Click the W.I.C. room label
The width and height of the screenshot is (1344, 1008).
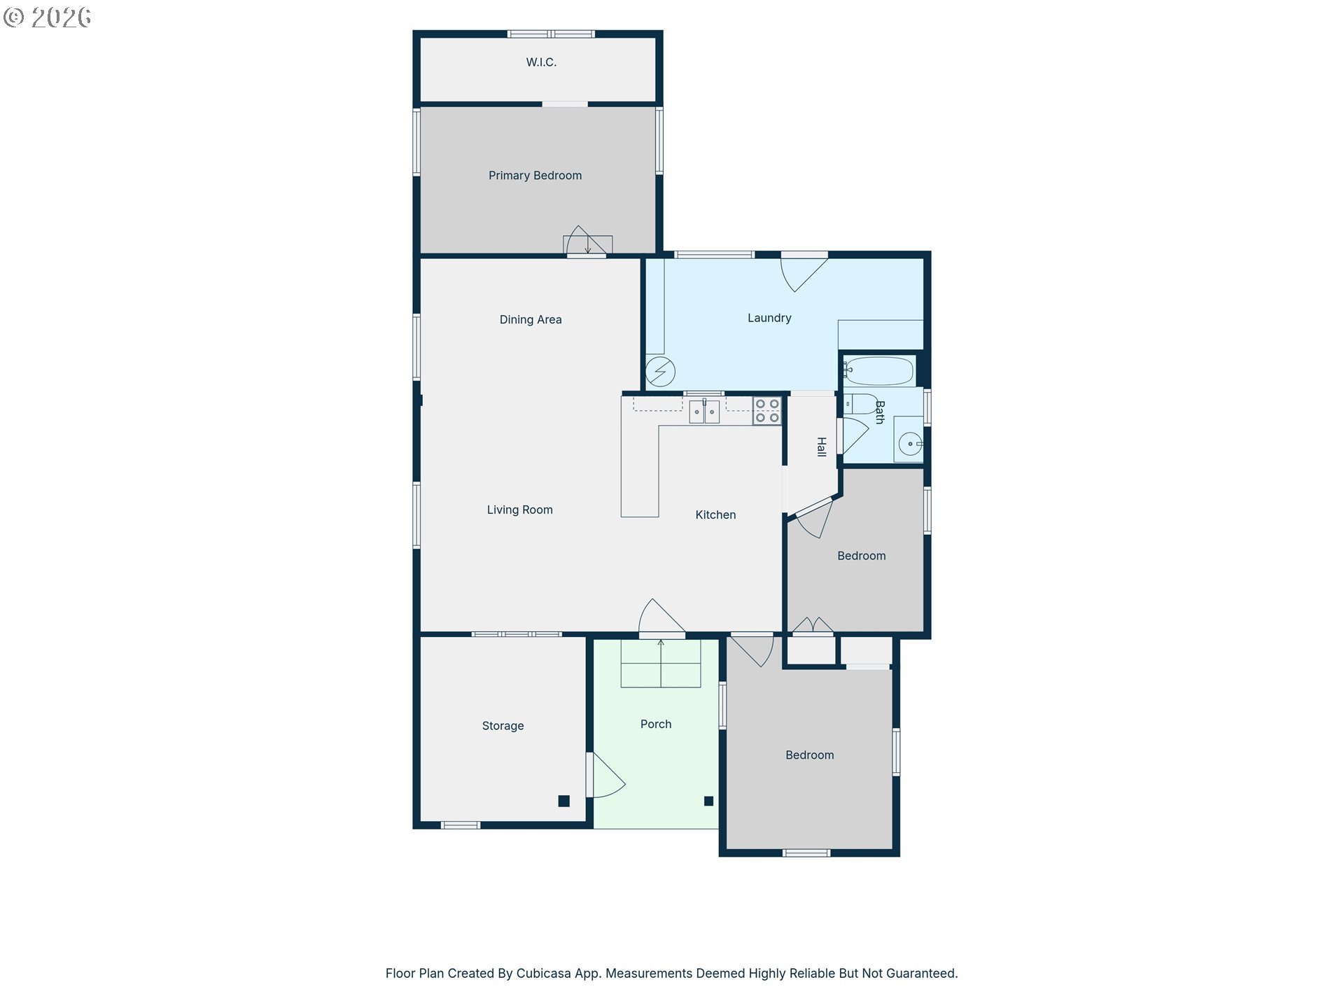point(541,62)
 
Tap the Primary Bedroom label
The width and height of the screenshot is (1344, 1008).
point(535,176)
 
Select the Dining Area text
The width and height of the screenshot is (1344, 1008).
point(531,320)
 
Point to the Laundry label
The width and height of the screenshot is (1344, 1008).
point(769,318)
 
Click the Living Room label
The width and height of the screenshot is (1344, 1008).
point(520,510)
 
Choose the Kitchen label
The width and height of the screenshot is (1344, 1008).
point(715,514)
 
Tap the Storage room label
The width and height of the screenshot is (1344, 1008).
point(503,726)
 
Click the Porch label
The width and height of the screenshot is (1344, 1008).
point(656,724)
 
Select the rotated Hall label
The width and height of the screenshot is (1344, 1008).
point(822,447)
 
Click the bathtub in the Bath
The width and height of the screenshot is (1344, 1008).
point(878,371)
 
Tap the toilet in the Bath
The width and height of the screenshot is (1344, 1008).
point(860,404)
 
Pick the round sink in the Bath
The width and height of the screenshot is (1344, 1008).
point(910,444)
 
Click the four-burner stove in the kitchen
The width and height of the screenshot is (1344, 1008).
point(767,411)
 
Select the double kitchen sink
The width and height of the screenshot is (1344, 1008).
point(704,412)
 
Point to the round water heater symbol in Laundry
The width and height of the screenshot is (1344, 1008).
point(660,372)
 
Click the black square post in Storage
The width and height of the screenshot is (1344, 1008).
point(563,801)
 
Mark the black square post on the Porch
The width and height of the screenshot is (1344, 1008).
point(708,801)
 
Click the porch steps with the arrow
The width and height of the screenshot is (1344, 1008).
point(661,663)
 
